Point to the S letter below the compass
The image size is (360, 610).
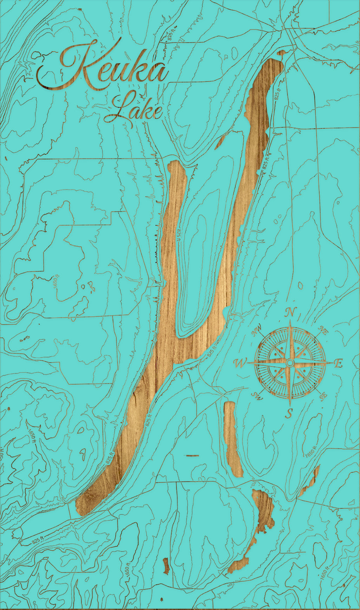pos(289,413)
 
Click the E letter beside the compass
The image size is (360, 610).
pos(339,363)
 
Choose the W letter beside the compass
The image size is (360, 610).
pos(241,363)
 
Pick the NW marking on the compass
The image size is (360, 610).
pos(256,332)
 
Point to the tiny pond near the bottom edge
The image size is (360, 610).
pos(166,566)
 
